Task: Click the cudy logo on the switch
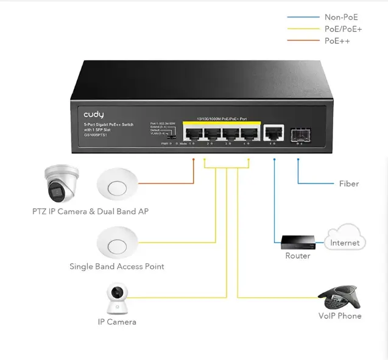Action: pos(94,114)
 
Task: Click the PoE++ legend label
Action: pos(337,41)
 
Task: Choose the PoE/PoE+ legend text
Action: pos(344,29)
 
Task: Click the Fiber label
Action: pos(348,183)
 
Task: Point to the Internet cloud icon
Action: pos(345,238)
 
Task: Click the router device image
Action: pos(298,242)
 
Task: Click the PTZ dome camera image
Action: pos(62,184)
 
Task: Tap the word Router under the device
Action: pos(298,256)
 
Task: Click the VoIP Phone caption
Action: pos(340,316)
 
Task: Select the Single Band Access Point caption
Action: pos(116,266)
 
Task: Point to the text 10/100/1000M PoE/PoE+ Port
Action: pos(222,118)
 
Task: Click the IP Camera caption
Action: pos(117,322)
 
